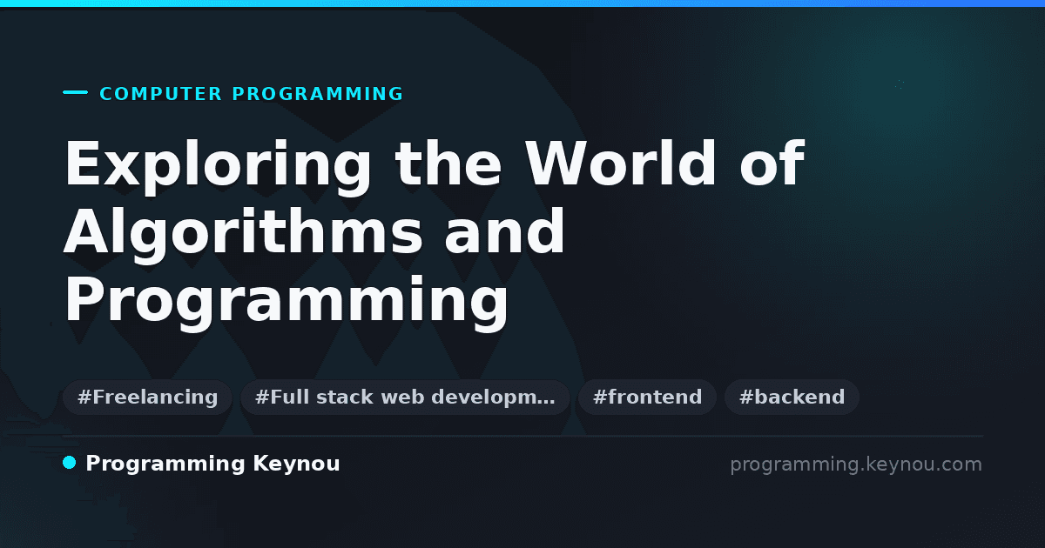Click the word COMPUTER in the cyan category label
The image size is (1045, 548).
coord(160,94)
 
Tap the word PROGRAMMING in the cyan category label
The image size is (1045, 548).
coord(317,94)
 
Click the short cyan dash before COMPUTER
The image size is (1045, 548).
coord(75,92)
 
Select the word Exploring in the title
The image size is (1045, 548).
coord(218,167)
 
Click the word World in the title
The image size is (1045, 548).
coord(620,164)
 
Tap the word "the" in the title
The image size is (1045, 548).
coord(448,164)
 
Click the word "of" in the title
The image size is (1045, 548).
coord(772,164)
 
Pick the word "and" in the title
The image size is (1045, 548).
coord(505,231)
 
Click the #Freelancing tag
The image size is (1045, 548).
coord(147,397)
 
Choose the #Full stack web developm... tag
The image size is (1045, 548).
coord(405,397)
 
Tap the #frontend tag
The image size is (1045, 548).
coord(647,397)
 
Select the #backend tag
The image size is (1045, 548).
coord(792,397)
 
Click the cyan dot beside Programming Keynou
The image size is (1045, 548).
coord(69,463)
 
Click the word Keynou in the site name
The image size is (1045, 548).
coord(296,464)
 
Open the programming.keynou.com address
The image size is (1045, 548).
coord(856,464)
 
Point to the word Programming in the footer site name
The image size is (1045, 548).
coord(165,464)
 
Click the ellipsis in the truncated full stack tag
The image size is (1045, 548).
coord(547,402)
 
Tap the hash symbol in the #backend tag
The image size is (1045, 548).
coord(745,397)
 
